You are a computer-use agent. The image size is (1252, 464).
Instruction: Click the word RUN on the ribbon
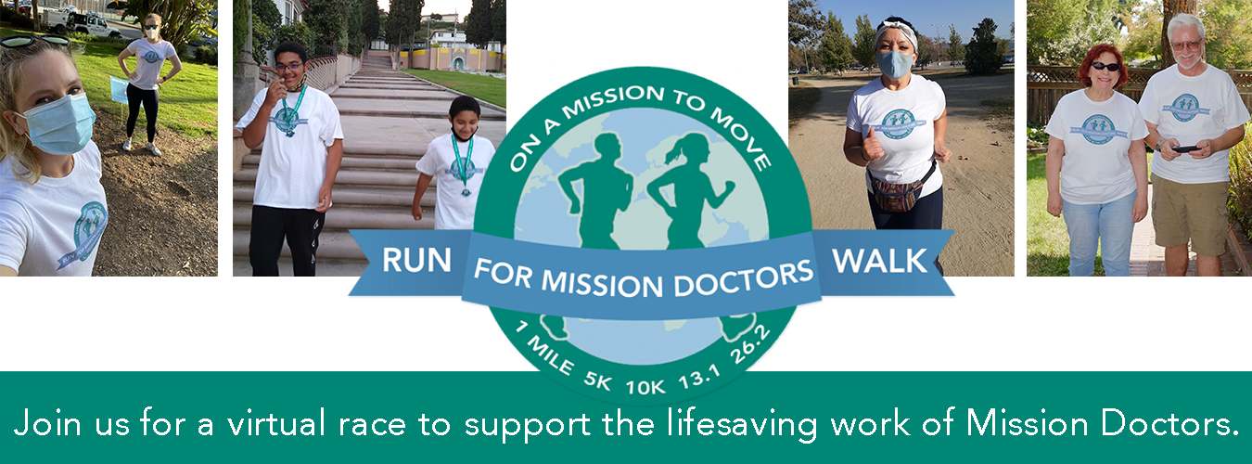416,261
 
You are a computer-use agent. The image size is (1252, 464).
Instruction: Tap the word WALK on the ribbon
880,261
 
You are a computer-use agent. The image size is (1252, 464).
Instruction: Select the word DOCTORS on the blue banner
744,278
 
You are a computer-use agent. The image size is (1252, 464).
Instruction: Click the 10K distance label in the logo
645,387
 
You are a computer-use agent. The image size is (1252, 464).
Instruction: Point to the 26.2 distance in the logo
750,344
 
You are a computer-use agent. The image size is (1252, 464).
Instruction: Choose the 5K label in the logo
597,380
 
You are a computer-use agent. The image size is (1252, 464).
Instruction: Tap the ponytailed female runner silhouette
690,190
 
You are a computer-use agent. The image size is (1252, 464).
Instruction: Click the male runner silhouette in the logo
596,190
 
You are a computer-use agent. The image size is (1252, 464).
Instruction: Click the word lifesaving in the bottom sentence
742,424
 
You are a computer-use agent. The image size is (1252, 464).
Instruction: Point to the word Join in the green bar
47,422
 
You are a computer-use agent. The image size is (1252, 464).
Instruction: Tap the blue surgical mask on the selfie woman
59,124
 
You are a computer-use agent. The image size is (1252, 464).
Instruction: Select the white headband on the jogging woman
895,32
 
